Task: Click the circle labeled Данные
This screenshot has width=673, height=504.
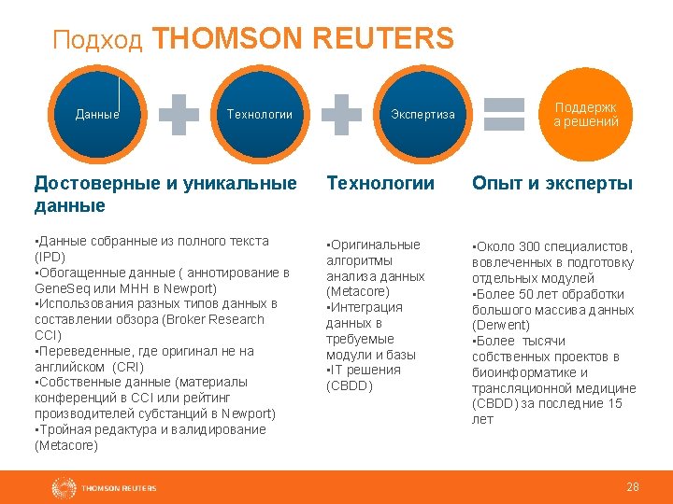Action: pyautogui.click(x=97, y=114)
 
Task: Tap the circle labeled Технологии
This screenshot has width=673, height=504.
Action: pyautogui.click(x=260, y=114)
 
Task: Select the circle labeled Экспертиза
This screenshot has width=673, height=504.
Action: pyautogui.click(x=422, y=114)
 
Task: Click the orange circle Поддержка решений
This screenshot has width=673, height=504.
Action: pyautogui.click(x=586, y=114)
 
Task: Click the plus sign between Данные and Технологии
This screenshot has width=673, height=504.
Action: pyautogui.click(x=179, y=114)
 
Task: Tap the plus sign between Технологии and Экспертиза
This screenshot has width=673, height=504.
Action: pyautogui.click(x=341, y=114)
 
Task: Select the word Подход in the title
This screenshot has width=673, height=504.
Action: pyautogui.click(x=97, y=40)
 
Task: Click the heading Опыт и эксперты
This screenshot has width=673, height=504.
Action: pyautogui.click(x=551, y=183)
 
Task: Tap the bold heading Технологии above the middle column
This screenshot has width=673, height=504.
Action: pyautogui.click(x=379, y=183)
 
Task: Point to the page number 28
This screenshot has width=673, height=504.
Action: pyautogui.click(x=633, y=487)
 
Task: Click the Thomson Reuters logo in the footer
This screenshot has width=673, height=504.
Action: pyautogui.click(x=104, y=487)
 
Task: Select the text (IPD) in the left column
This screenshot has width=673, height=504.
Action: pyautogui.click(x=49, y=257)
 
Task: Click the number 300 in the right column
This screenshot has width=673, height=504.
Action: pyautogui.click(x=532, y=246)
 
